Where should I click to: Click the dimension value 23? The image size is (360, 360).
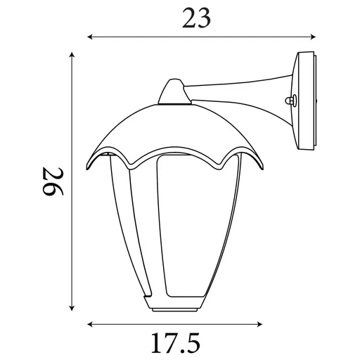point(196,19)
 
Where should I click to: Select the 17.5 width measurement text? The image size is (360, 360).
point(175,343)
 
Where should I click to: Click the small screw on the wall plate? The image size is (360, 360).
point(289,101)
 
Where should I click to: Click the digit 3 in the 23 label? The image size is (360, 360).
point(205,19)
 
